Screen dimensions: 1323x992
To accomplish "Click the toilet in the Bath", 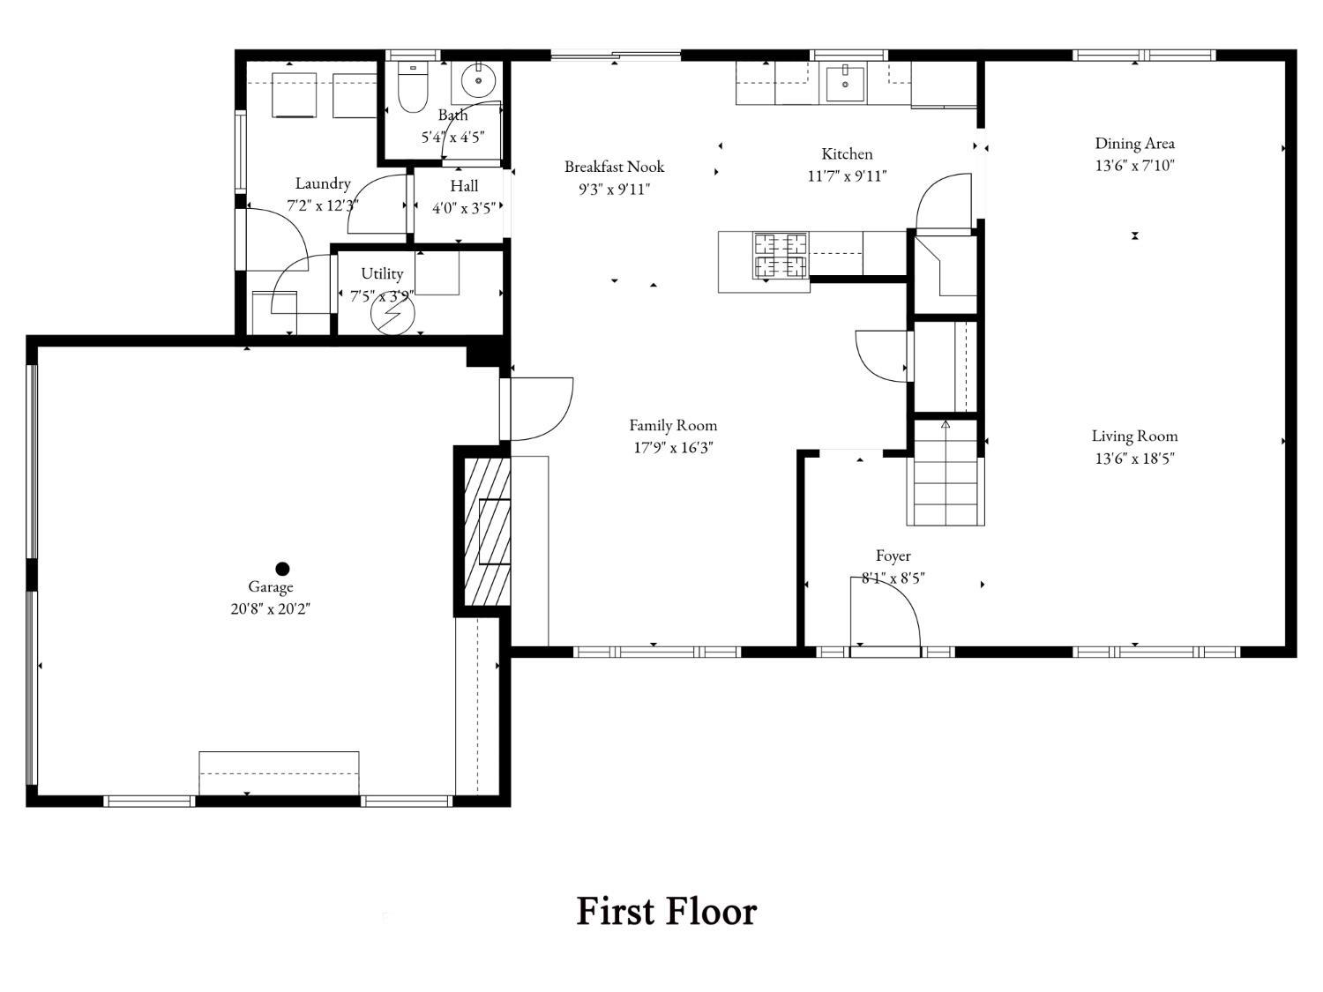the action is tap(413, 86).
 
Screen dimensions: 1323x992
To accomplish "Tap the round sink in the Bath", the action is tap(479, 81).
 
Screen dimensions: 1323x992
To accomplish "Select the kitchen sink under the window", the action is tap(845, 85).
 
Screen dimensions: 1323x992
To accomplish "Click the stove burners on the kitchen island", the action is tap(781, 256).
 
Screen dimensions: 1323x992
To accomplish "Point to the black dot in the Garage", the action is tap(282, 569).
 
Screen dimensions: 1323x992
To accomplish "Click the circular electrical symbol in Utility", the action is tap(392, 314).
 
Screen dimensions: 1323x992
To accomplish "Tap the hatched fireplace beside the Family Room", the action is tap(487, 532).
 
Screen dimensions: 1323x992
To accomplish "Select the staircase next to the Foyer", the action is tap(946, 473).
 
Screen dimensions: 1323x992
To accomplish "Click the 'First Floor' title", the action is tap(666, 911).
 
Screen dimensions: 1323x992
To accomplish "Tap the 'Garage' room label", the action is tap(270, 587).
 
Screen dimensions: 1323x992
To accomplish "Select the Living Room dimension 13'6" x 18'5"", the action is tap(1134, 459).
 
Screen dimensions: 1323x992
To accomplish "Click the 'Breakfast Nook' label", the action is tap(614, 167).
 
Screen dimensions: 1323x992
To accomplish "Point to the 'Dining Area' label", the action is tap(1134, 144).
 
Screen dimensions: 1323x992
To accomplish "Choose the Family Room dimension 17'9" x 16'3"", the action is tap(673, 448).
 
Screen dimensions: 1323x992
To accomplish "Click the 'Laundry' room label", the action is tap(323, 183).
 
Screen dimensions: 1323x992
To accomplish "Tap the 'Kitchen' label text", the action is tap(847, 154).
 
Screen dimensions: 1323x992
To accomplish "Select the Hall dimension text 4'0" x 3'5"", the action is tap(464, 208).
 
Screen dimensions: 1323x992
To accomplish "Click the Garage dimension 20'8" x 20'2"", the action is tap(270, 609).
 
